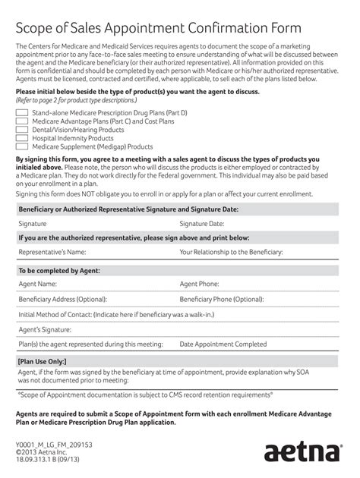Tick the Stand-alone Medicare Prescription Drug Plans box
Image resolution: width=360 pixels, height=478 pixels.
tap(22, 112)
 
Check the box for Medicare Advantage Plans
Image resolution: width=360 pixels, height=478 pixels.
tap(22, 121)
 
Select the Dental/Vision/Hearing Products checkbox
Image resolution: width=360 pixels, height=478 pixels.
tap(22, 130)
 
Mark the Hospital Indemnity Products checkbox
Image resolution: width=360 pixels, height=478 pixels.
tap(22, 138)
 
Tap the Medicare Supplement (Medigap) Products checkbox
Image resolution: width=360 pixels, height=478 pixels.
tap(22, 146)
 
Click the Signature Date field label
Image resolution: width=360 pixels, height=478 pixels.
tap(201, 224)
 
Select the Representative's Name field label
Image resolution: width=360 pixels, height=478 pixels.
tap(52, 252)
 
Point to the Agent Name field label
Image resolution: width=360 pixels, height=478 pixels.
tap(37, 284)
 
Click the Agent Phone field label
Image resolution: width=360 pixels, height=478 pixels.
tap(199, 284)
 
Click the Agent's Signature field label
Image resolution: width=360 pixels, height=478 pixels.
tap(45, 329)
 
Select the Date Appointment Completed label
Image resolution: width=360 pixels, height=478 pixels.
tap(223, 344)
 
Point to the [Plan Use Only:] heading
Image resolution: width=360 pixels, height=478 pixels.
tap(42, 362)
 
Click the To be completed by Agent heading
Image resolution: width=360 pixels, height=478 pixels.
tap(59, 270)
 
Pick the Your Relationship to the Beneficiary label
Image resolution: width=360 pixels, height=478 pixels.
tap(231, 252)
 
